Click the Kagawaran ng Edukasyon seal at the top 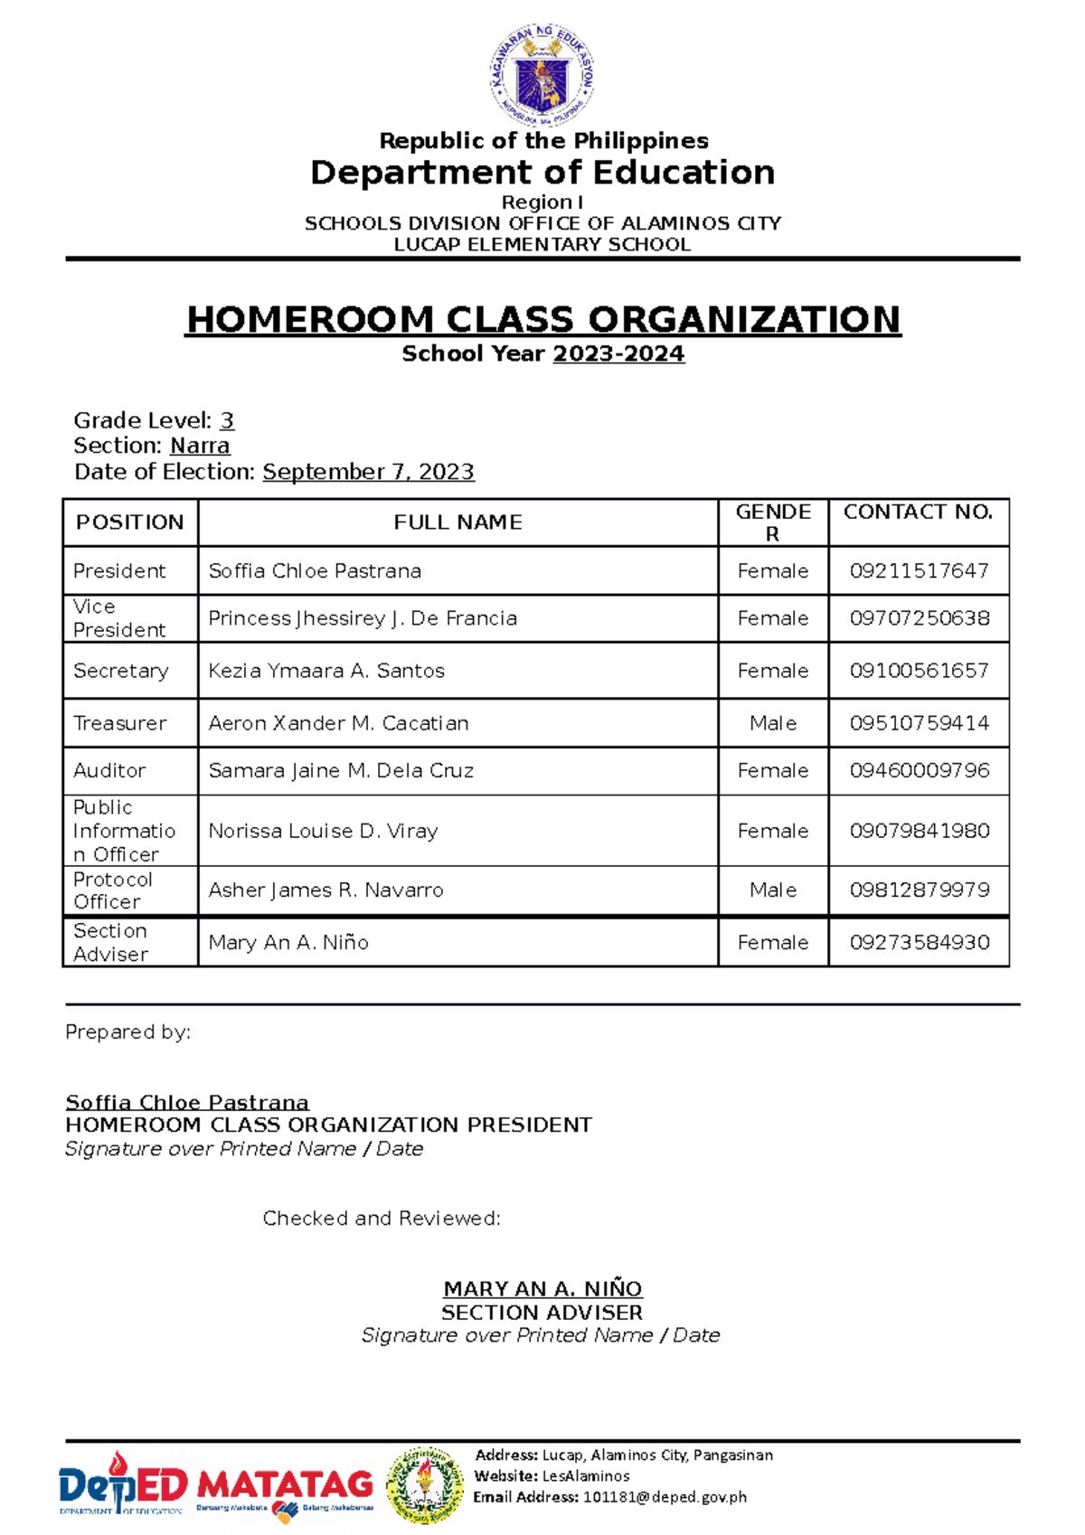(x=542, y=75)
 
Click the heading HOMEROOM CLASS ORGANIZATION (x=542, y=320)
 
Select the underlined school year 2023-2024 (x=618, y=354)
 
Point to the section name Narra (x=200, y=446)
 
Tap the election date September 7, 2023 (x=368, y=472)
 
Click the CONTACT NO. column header (x=918, y=513)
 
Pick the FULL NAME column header (x=458, y=523)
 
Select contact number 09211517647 (x=919, y=571)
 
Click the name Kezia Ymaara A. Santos (x=326, y=671)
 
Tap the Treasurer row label (x=120, y=723)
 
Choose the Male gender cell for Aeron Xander (x=773, y=723)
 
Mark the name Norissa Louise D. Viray (x=323, y=831)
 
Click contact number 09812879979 (x=919, y=890)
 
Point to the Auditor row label (x=109, y=771)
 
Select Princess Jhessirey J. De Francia (x=363, y=618)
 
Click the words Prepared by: (x=127, y=1032)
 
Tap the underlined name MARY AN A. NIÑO (x=542, y=1289)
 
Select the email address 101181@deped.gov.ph (x=665, y=1497)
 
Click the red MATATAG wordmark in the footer (x=285, y=1483)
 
